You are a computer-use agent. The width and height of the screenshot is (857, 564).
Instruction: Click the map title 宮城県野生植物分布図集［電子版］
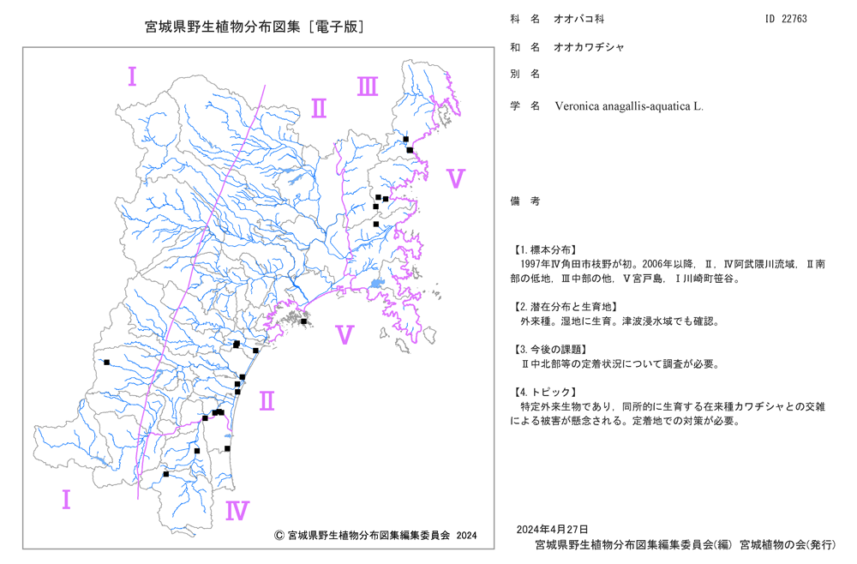(255, 27)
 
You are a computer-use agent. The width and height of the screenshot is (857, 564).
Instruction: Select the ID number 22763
(794, 19)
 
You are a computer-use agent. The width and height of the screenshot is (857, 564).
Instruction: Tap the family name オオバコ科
(578, 19)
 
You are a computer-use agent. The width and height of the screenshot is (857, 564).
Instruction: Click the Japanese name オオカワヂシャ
(589, 47)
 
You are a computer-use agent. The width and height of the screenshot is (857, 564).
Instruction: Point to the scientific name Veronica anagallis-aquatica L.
(629, 106)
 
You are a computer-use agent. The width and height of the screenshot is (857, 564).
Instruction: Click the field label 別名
(525, 74)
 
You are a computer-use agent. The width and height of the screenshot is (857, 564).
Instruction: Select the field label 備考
(525, 201)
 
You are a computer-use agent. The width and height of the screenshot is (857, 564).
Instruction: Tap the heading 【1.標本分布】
(544, 249)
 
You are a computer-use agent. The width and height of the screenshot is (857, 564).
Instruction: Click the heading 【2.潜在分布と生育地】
(565, 307)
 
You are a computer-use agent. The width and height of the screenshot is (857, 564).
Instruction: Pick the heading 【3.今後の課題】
(550, 349)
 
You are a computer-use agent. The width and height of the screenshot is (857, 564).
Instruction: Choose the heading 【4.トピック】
(544, 392)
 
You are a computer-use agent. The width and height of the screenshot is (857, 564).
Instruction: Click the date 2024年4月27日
(552, 529)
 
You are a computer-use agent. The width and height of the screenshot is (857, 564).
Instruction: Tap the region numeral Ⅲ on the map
(368, 87)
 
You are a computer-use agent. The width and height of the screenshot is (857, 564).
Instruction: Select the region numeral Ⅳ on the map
(237, 511)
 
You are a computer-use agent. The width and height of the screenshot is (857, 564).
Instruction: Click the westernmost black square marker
(106, 363)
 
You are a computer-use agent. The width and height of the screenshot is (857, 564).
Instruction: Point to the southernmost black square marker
(166, 474)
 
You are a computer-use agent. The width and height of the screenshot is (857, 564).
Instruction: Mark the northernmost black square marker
(405, 139)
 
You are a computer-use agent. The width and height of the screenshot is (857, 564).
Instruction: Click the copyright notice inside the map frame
(375, 536)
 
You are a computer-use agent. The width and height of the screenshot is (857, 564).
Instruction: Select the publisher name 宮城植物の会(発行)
(788, 544)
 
